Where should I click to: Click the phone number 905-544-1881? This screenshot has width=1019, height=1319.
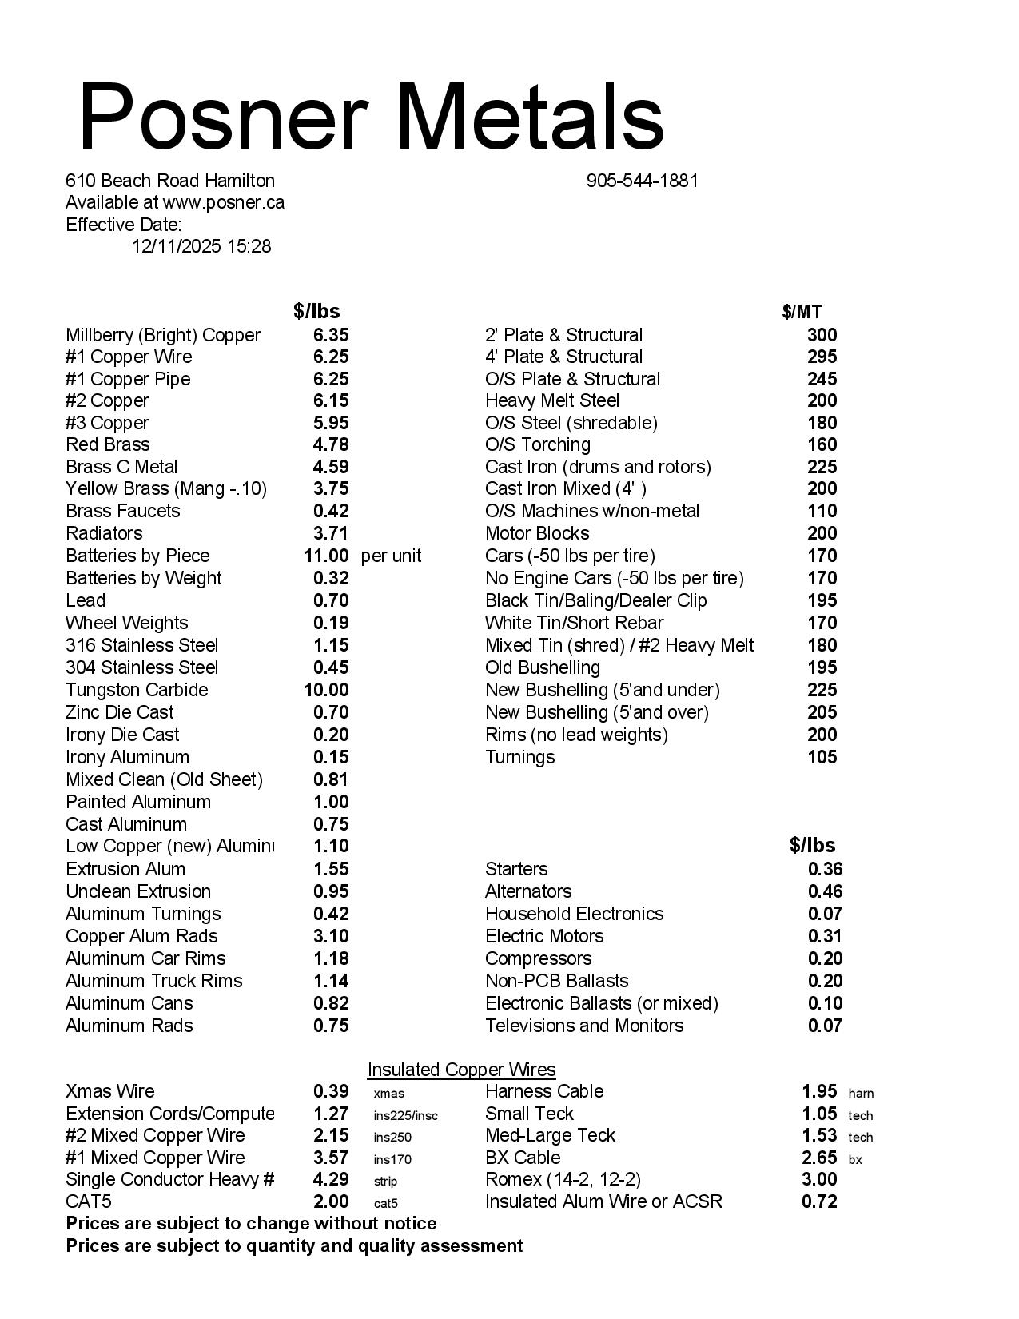pyautogui.click(x=642, y=181)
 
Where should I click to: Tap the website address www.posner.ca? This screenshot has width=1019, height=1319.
pyautogui.click(x=223, y=202)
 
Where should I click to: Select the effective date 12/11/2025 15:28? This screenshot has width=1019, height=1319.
pyautogui.click(x=201, y=246)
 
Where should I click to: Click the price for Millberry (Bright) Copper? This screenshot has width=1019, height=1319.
pyautogui.click(x=330, y=335)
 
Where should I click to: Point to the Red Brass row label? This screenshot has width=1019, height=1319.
pyautogui.click(x=108, y=444)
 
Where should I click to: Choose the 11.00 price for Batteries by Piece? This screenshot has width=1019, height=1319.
pyautogui.click(x=326, y=556)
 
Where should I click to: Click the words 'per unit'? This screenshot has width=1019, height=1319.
pyautogui.click(x=391, y=556)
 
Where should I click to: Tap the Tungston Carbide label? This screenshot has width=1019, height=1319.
pyautogui.click(x=137, y=690)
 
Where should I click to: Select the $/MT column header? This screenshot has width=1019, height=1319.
pyautogui.click(x=802, y=312)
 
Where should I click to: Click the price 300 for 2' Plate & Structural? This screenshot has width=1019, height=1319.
pyautogui.click(x=822, y=335)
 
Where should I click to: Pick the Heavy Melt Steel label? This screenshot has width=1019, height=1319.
pyautogui.click(x=552, y=400)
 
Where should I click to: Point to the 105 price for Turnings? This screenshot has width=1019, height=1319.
pyautogui.click(x=822, y=757)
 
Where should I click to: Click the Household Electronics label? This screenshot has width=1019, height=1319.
pyautogui.click(x=574, y=914)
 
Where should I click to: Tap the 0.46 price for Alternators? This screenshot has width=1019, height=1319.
pyautogui.click(x=825, y=891)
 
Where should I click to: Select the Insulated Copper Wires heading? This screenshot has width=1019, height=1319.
pyautogui.click(x=461, y=1070)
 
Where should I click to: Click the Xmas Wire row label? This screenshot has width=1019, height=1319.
pyautogui.click(x=110, y=1091)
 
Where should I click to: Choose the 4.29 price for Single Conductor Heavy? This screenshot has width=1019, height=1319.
pyautogui.click(x=331, y=1179)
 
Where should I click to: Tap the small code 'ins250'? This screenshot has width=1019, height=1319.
pyautogui.click(x=392, y=1137)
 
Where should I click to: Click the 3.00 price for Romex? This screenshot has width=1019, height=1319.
pyautogui.click(x=819, y=1179)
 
